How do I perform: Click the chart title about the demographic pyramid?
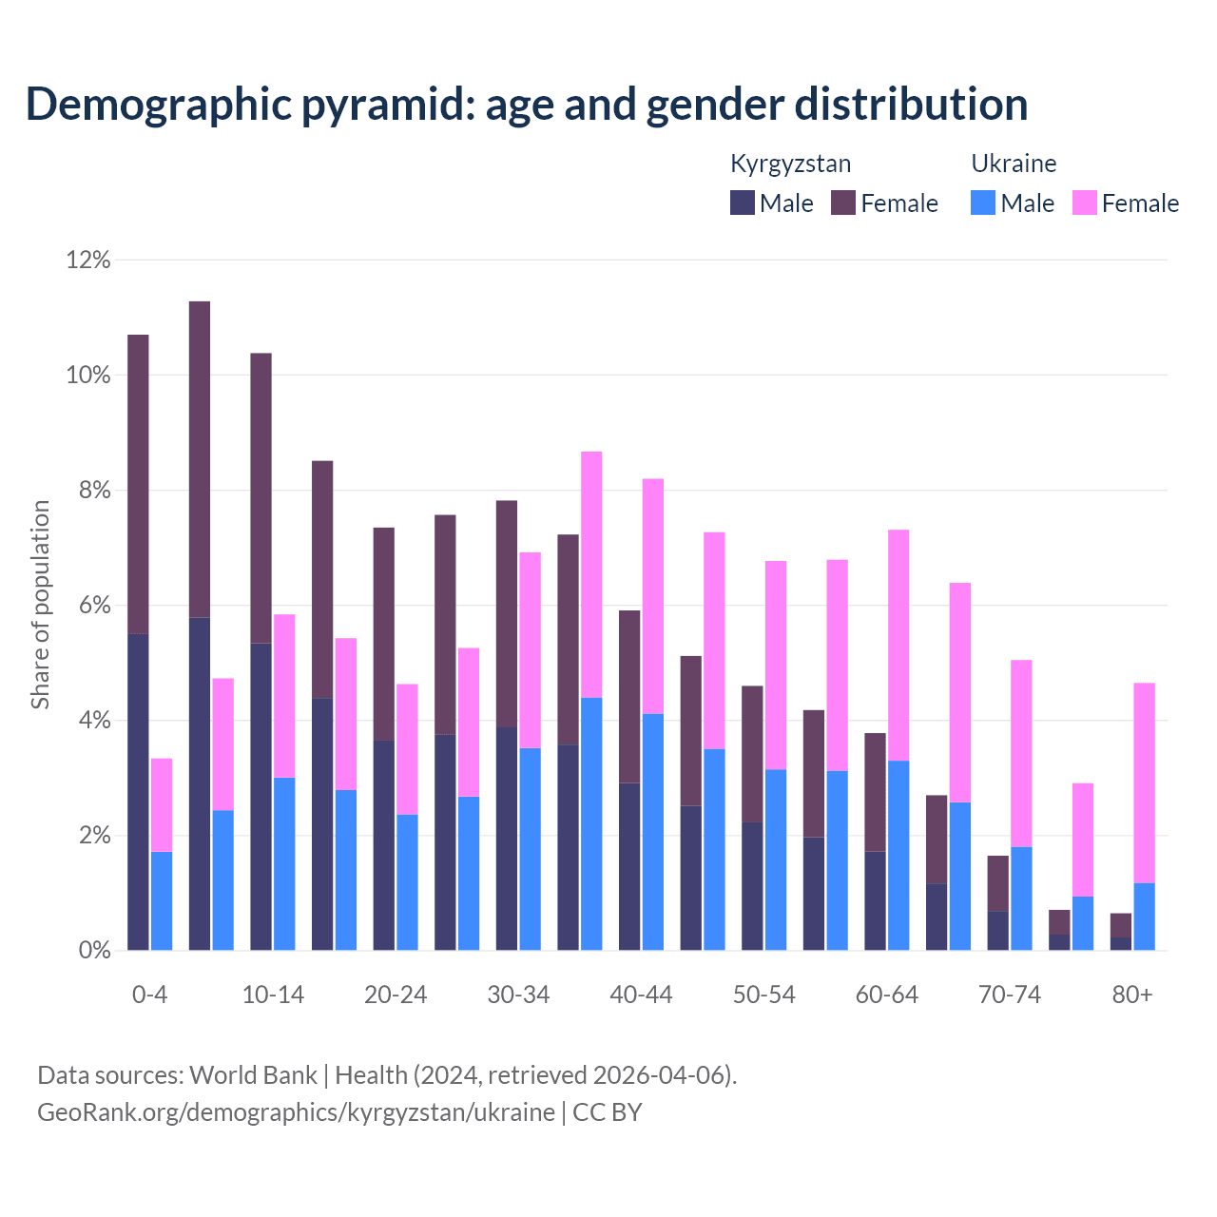pyautogui.click(x=527, y=105)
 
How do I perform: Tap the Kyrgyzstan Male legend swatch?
pyautogui.click(x=743, y=203)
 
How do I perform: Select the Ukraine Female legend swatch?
pyautogui.click(x=1084, y=203)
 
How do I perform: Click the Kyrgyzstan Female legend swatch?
pyautogui.click(x=843, y=203)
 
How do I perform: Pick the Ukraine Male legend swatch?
pyautogui.click(x=983, y=203)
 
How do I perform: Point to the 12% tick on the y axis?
pyautogui.click(x=88, y=260)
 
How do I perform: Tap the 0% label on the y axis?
pyautogui.click(x=93, y=950)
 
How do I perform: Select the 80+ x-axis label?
pyautogui.click(x=1132, y=995)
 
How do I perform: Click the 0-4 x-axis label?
pyautogui.click(x=150, y=995)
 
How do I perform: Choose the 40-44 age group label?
pyautogui.click(x=641, y=995)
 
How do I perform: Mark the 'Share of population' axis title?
pyautogui.click(x=41, y=605)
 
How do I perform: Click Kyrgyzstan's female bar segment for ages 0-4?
pyautogui.click(x=138, y=484)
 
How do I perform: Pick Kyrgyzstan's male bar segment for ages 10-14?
pyautogui.click(x=261, y=797)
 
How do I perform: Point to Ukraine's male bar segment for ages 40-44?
pyautogui.click(x=653, y=832)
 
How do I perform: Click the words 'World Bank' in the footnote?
pyautogui.click(x=253, y=1075)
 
